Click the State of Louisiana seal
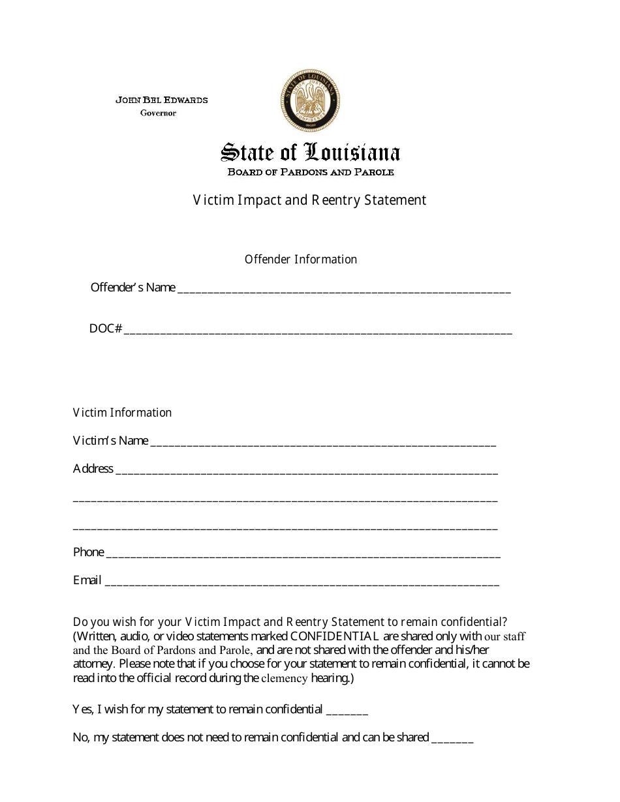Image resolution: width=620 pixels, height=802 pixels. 311,101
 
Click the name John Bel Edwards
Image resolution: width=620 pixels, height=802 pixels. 162,100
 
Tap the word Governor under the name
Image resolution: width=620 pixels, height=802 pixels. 159,113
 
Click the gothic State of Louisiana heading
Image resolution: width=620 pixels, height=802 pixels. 311,153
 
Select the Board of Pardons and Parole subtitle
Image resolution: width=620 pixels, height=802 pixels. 311,172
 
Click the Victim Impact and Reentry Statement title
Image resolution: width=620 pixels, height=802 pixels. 309,200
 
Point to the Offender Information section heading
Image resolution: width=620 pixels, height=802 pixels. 301,260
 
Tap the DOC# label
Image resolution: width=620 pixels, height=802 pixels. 106,329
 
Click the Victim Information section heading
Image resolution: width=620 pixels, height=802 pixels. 122,413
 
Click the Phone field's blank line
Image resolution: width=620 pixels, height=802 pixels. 303,555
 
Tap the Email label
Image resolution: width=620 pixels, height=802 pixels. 87,580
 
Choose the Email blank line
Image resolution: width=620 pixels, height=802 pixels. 302,583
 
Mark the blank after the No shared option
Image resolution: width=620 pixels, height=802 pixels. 452,740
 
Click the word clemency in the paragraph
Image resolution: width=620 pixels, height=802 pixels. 285,678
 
